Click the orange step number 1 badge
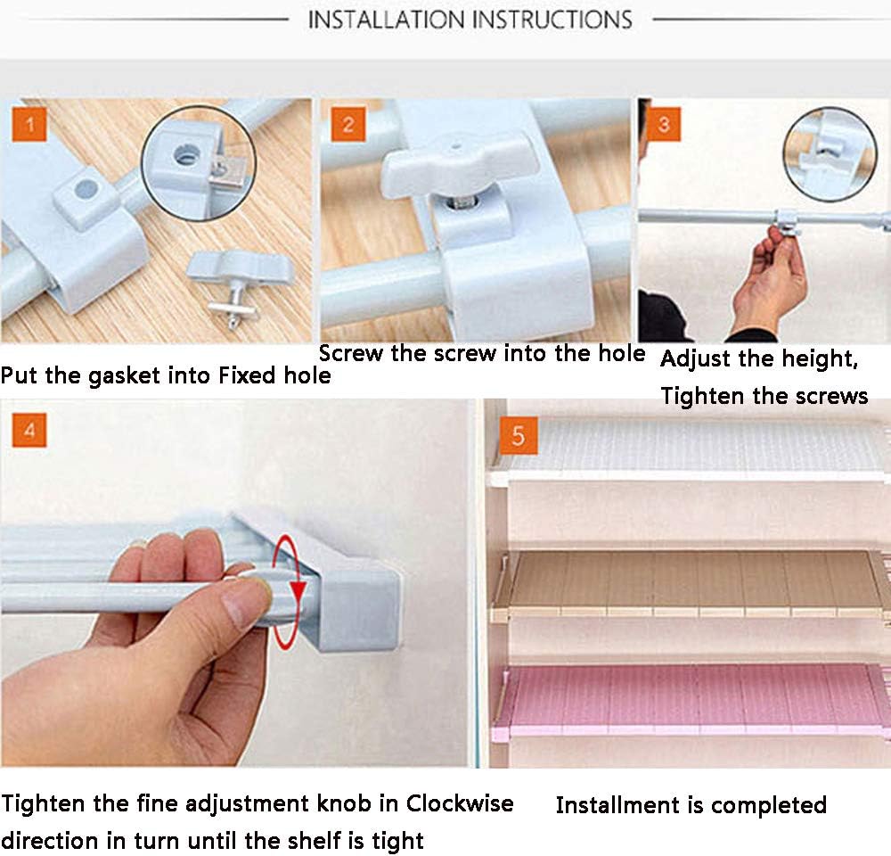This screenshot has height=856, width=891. [x=29, y=124]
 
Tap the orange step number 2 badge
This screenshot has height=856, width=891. [x=348, y=124]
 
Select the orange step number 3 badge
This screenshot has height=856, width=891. [x=663, y=124]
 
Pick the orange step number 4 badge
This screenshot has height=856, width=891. [x=29, y=430]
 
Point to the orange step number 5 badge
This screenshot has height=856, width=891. [x=519, y=436]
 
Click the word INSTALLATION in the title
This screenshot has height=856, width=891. [x=385, y=20]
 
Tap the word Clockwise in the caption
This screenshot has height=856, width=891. [x=459, y=803]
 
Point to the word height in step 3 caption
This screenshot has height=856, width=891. [x=820, y=359]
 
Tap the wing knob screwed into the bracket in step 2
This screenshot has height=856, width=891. [x=459, y=164]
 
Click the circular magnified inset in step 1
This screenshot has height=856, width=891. [x=199, y=164]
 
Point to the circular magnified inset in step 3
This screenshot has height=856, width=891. [x=830, y=154]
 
